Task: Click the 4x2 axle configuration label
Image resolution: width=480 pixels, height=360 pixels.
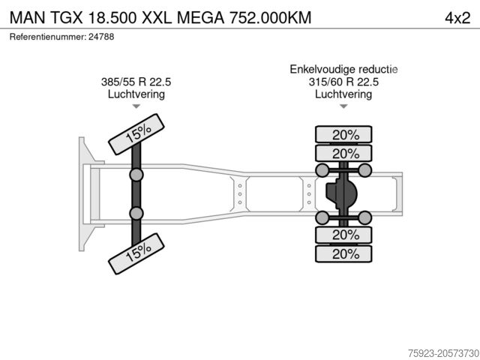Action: tap(457, 18)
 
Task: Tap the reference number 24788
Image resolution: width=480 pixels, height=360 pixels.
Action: tap(101, 37)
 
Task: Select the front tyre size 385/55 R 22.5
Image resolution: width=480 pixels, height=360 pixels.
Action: tap(136, 82)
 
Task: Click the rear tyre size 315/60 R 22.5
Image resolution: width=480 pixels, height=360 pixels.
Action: tap(343, 82)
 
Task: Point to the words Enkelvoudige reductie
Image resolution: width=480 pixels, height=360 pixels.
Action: tap(343, 69)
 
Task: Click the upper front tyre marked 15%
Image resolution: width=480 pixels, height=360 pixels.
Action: tap(136, 134)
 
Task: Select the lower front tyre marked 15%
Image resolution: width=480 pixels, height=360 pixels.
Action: tap(136, 253)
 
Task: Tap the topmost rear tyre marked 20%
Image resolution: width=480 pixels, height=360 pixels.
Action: tap(343, 134)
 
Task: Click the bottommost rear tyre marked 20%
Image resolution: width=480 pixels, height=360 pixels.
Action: tap(343, 253)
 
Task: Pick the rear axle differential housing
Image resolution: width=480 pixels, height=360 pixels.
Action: tap(341, 193)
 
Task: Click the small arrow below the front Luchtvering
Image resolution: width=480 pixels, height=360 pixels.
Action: tap(136, 106)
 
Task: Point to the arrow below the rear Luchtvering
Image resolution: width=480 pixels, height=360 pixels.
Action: tap(343, 106)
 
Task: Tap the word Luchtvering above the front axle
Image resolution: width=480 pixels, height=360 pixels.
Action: tap(136, 94)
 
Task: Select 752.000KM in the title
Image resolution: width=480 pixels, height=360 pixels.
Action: tap(270, 18)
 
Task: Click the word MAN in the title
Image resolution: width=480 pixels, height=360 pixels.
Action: tap(28, 18)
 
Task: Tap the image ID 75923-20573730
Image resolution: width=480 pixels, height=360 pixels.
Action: tap(443, 353)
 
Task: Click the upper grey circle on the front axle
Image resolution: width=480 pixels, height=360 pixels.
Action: tap(136, 175)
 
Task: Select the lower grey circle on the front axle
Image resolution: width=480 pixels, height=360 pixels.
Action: tap(136, 213)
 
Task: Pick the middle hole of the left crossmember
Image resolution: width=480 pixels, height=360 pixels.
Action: tap(240, 194)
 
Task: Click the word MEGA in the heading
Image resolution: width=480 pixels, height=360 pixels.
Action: tap(200, 18)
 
